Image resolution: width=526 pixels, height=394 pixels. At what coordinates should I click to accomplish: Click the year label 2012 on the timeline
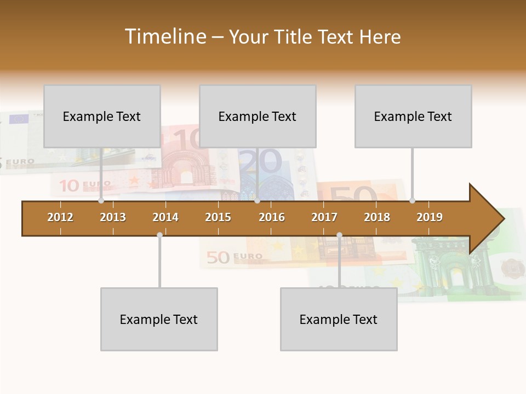coord(60,217)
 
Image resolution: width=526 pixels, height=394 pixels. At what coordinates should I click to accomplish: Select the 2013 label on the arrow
coord(113,217)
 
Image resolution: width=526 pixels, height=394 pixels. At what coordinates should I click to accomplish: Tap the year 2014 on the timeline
coord(165,217)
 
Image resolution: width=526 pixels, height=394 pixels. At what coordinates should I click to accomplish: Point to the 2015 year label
coord(218,217)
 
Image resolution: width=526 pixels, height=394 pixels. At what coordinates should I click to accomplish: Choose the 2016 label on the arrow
coord(272,217)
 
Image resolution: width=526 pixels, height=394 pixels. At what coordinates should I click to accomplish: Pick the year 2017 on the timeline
coord(324,217)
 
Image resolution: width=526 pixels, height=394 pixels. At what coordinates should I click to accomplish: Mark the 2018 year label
coord(377,217)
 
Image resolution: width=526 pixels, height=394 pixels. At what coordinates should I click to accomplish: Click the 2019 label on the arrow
coord(430,217)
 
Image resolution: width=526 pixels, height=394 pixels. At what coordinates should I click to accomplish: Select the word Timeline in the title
coord(164,37)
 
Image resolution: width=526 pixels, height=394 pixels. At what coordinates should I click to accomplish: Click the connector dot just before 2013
coord(101,201)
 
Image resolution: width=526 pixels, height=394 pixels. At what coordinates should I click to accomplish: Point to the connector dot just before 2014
coord(159,235)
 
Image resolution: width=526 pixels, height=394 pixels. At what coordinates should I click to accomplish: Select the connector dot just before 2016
coord(257,201)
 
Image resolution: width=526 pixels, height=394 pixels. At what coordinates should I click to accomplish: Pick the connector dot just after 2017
coord(339,235)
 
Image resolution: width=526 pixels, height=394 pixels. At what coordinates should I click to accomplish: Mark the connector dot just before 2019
coord(412,201)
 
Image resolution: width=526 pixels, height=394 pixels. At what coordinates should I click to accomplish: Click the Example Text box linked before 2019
coord(413,116)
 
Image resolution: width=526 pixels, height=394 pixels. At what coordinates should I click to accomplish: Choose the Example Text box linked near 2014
coord(159,319)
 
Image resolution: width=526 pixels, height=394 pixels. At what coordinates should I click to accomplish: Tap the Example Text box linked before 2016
coord(258,116)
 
